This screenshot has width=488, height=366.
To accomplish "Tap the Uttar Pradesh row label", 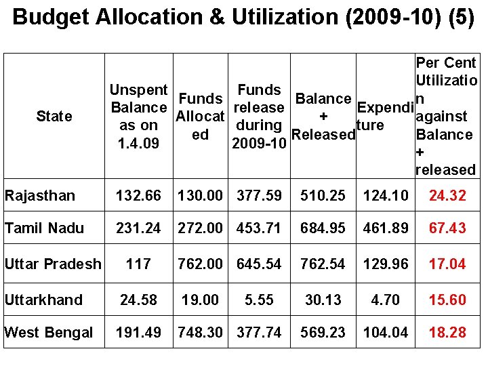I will coord(53,264).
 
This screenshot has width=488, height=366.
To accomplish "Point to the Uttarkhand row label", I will coord(43,300).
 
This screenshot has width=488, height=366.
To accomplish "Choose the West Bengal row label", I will coord(49,332).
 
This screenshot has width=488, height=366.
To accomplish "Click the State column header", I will coord(55,117).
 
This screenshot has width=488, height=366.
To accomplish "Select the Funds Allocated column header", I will coord(200,117).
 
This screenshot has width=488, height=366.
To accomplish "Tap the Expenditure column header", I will coord(384,117).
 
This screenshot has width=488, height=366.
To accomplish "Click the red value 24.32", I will coord(447,196).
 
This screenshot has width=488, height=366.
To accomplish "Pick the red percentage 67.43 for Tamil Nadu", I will coord(447,228).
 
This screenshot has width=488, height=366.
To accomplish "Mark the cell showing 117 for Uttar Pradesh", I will coord(138,264).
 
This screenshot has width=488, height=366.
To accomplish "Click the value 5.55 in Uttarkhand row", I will coord(260,300).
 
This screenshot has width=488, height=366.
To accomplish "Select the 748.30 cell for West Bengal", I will coord(201,332).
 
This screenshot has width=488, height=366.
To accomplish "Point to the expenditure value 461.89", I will coord(386,228).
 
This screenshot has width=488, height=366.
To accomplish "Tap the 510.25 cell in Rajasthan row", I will coord(323,196).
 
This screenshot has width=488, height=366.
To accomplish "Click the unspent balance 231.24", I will coord(138,228).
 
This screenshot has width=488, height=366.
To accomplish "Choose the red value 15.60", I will coord(447,300).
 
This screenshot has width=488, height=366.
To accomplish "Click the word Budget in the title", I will coord(50,17).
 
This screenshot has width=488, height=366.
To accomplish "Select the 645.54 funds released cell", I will coord(260,264).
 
